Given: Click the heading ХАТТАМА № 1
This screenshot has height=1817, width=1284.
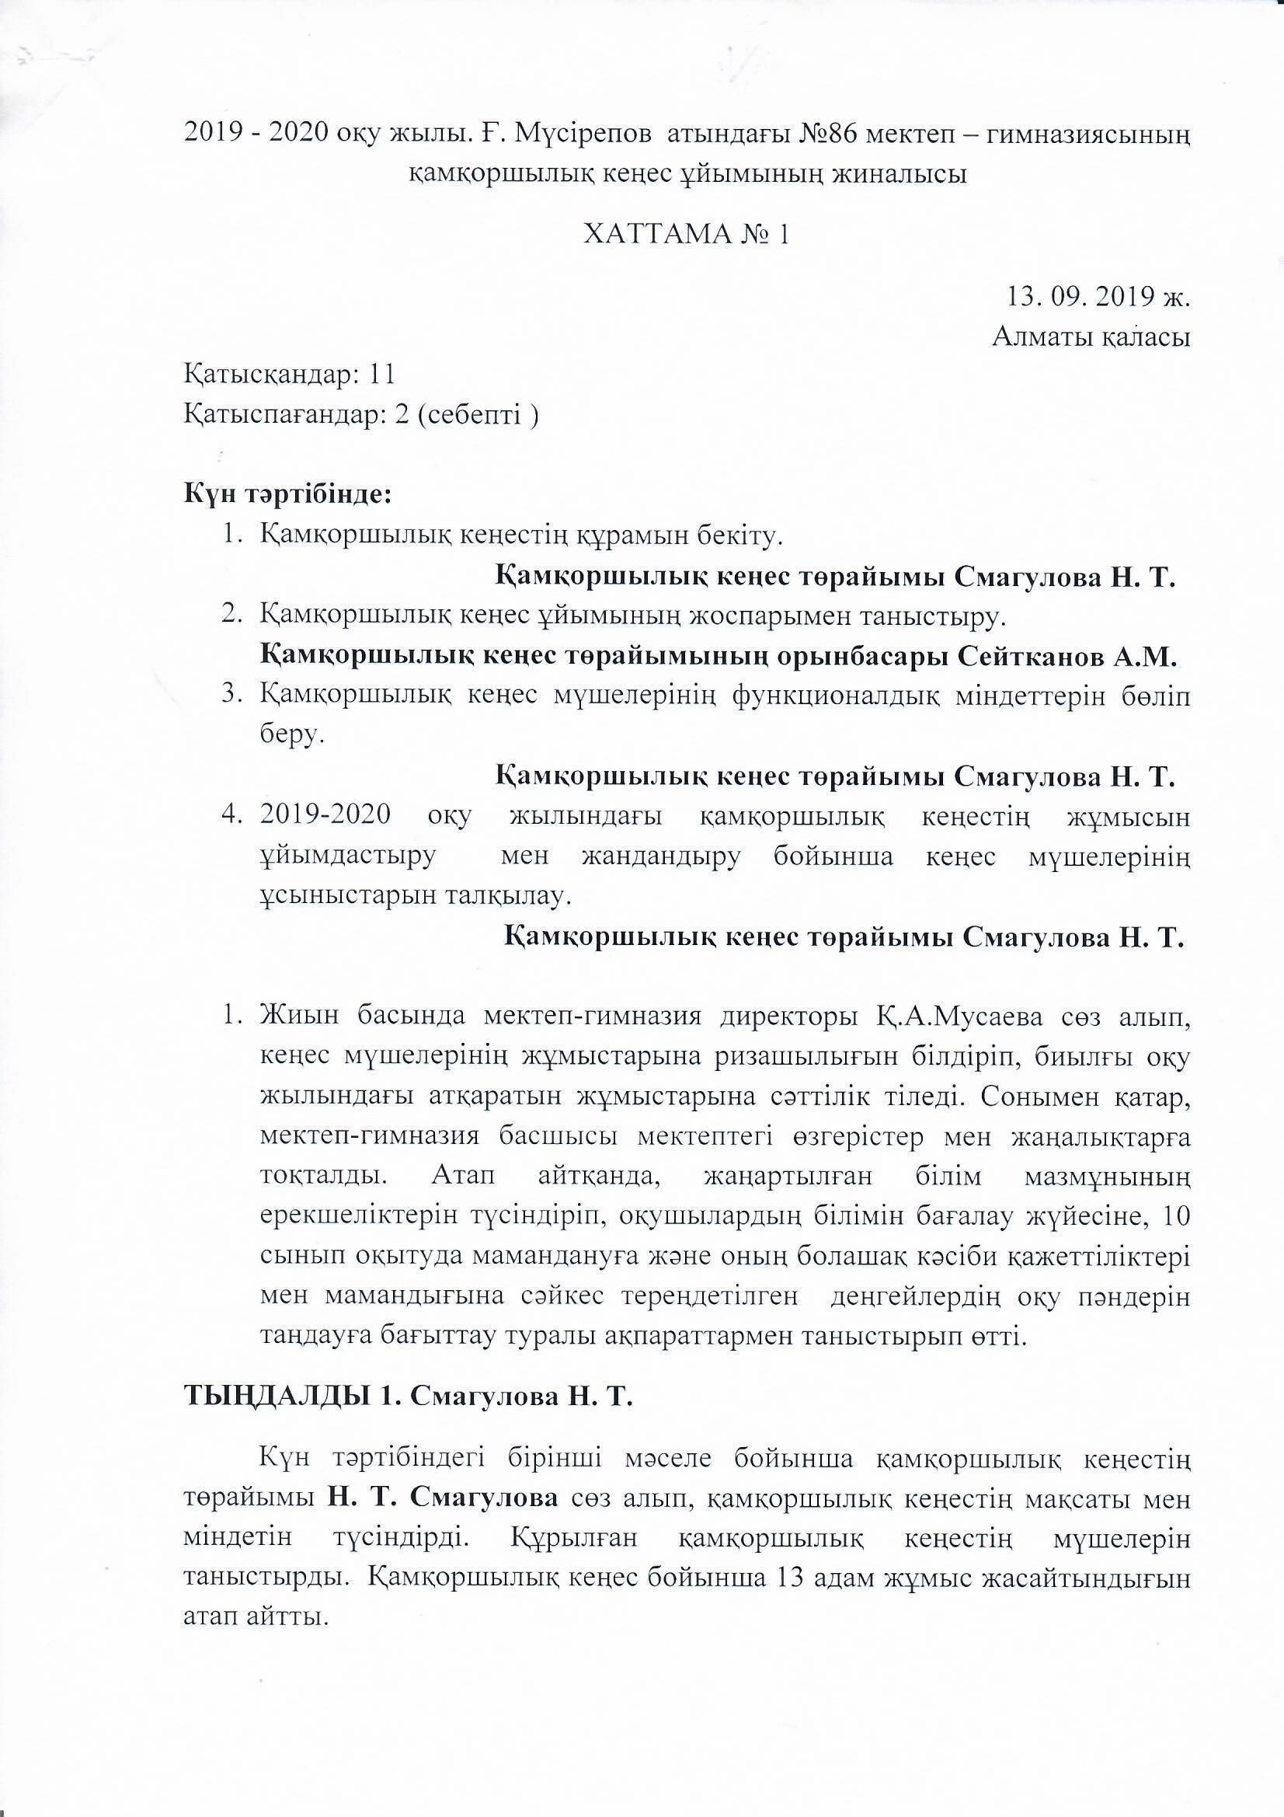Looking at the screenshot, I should pyautogui.click(x=686, y=235).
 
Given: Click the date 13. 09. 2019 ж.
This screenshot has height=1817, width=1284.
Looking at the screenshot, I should pyautogui.click(x=1098, y=298).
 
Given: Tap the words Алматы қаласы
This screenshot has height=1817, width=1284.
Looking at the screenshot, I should pyautogui.click(x=1092, y=338).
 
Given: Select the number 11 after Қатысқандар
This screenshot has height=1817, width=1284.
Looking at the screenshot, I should pyautogui.click(x=381, y=375).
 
